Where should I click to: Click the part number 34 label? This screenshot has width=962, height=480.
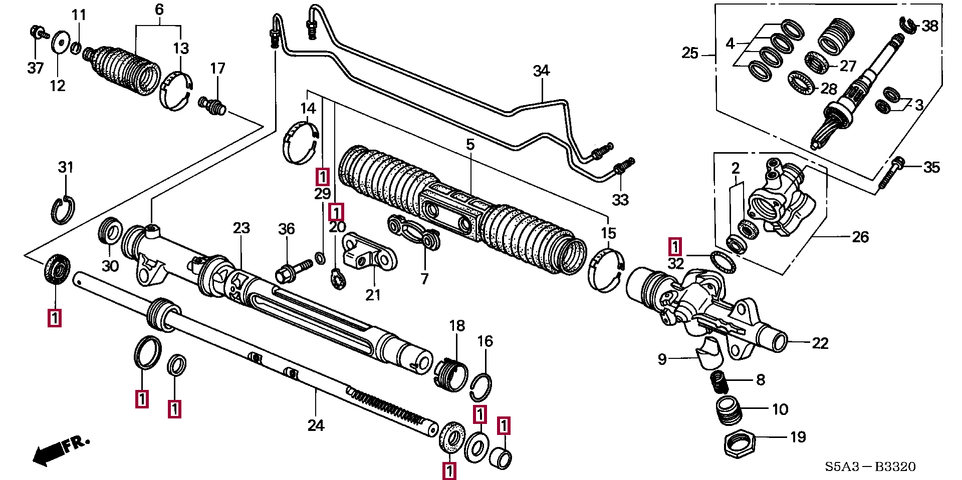(541, 71)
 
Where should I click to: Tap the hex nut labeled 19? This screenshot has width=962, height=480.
(739, 442)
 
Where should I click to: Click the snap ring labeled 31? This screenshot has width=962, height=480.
(63, 210)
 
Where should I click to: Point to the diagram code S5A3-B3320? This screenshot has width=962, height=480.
(870, 467)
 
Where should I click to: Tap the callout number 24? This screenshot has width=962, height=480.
(316, 425)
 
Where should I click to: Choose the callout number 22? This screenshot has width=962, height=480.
(820, 343)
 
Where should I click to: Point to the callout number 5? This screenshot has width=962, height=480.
(469, 145)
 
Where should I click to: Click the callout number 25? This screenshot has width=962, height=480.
(690, 53)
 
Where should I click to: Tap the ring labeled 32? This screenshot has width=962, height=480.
(723, 262)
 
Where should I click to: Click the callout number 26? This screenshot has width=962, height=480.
(860, 237)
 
